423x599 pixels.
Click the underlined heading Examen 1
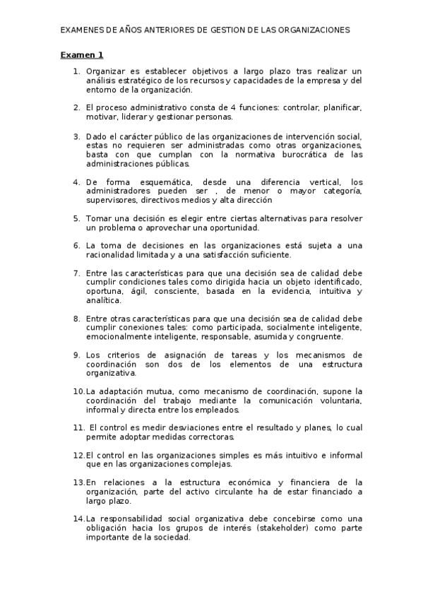tap(81, 54)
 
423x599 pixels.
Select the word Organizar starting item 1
tap(106, 71)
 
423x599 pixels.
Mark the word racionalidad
tap(112, 254)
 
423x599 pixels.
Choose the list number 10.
tap(78, 391)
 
